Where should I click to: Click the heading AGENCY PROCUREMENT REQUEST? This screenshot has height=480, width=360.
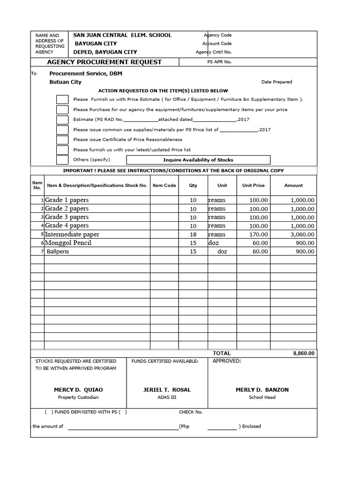click(x=104, y=62)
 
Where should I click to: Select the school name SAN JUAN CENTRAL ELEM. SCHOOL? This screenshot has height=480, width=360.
click(x=122, y=35)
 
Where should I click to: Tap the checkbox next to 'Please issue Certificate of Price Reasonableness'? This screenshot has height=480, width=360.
click(x=62, y=140)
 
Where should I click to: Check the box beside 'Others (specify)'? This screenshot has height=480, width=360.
click(x=62, y=160)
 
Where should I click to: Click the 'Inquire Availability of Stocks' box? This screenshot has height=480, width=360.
click(x=198, y=160)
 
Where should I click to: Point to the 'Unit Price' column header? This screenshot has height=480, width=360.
click(x=253, y=185)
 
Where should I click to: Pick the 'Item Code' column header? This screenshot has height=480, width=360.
click(x=165, y=185)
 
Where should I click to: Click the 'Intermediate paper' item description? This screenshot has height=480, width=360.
click(x=72, y=234)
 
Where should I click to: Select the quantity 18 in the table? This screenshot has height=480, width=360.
click(x=193, y=234)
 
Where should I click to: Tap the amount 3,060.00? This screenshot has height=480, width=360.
click(x=302, y=234)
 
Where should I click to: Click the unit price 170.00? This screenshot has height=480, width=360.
click(x=258, y=234)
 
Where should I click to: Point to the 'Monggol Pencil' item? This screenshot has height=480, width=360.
click(x=68, y=243)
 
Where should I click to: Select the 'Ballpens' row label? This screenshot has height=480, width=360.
click(x=57, y=252)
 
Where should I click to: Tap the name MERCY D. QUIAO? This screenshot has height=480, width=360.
click(x=78, y=390)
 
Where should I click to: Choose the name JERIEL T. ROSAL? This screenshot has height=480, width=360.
click(x=167, y=390)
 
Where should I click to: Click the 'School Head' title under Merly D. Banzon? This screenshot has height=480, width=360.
click(x=262, y=397)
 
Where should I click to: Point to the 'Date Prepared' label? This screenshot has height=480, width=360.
click(x=277, y=82)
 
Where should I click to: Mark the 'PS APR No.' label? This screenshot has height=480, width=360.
click(x=219, y=62)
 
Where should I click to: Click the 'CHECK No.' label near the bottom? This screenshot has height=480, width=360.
click(x=190, y=412)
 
